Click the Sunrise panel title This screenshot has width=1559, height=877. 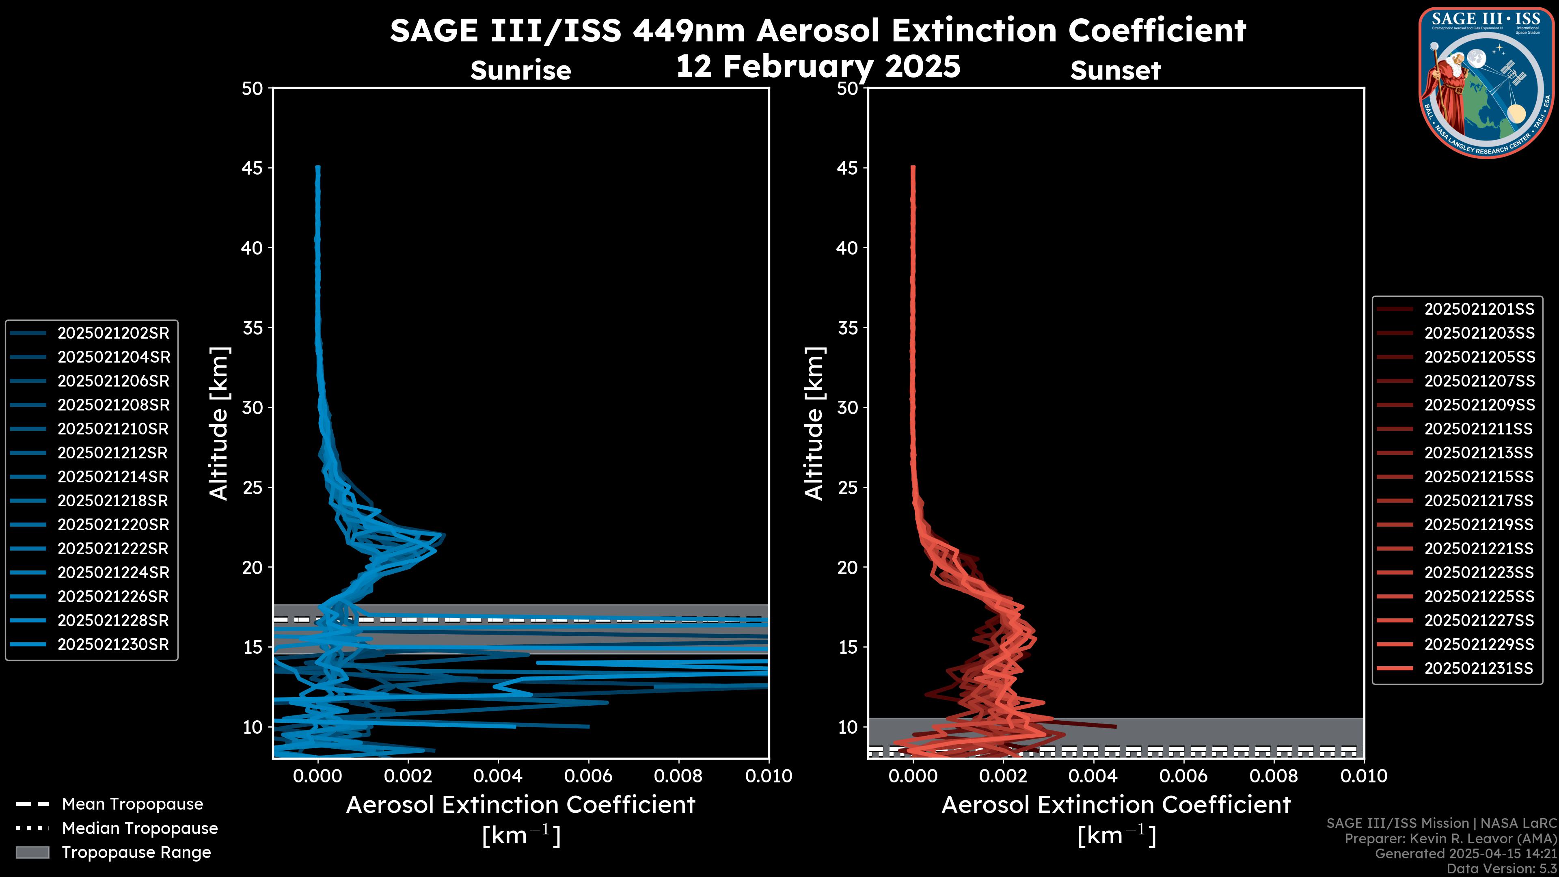[x=520, y=70]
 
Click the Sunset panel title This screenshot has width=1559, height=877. [x=1115, y=70]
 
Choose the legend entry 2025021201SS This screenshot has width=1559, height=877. [x=1479, y=309]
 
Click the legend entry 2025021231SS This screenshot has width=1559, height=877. [x=1479, y=668]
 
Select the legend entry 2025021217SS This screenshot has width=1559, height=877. [x=1479, y=501]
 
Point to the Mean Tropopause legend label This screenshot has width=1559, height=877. [x=132, y=804]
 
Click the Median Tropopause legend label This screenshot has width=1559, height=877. [x=139, y=828]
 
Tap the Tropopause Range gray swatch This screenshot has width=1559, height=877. [x=32, y=852]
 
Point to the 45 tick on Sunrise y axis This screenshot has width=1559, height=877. [x=253, y=168]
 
